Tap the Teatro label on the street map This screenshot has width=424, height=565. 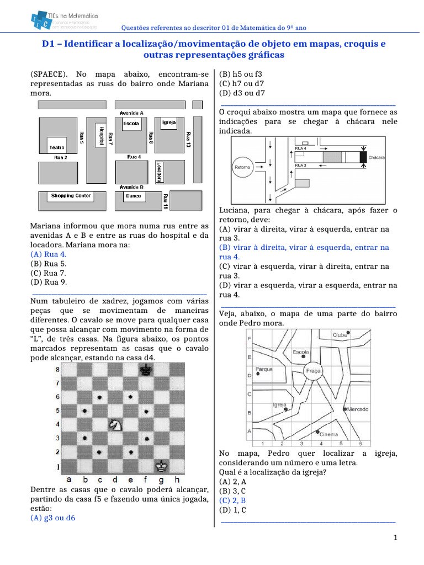coord(57,147)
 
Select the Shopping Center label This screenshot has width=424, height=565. coord(71,196)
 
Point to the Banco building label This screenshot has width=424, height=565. coord(133,196)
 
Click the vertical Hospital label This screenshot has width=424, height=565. coord(102,136)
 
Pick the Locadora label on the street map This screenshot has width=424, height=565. coord(158,172)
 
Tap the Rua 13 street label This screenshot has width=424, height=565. coord(188,139)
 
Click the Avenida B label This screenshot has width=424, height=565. coord(132,187)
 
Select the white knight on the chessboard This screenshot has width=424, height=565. coord(115,424)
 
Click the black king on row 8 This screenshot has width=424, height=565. coord(146,371)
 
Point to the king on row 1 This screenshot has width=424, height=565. coord(161,466)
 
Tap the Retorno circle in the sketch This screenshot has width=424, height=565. coord(243,167)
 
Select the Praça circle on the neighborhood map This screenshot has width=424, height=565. coord(313,371)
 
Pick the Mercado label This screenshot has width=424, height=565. coord(358,409)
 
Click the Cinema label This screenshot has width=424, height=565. coord(329,434)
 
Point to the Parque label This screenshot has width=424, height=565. coord(264,369)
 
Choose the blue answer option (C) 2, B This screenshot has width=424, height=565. coord(232,500)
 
